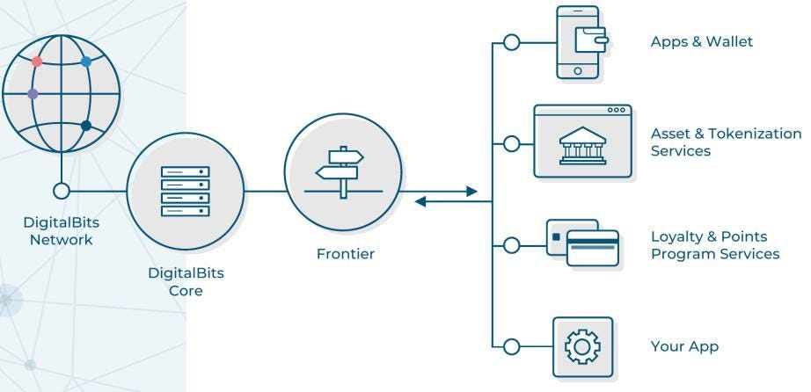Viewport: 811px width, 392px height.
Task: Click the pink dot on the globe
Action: (37, 62)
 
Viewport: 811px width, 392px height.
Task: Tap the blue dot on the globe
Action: (86, 62)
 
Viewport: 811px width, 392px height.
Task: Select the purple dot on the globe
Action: (33, 94)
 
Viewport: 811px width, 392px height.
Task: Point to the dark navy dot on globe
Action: (86, 126)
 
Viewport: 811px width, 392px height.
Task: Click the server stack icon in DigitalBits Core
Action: (185, 191)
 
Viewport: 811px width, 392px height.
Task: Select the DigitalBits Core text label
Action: (185, 281)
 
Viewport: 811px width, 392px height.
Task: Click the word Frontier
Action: (345, 254)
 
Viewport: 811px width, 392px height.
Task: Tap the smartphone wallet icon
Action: (578, 42)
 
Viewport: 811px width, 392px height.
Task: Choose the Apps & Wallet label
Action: (701, 41)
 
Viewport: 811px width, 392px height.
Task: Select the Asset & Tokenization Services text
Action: (726, 142)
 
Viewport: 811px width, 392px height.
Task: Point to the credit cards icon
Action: (582, 243)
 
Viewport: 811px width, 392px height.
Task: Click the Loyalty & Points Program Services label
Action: (714, 245)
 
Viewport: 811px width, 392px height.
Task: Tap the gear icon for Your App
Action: (582, 346)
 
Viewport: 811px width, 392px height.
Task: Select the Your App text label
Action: (683, 346)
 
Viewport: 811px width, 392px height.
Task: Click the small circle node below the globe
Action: (62, 191)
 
